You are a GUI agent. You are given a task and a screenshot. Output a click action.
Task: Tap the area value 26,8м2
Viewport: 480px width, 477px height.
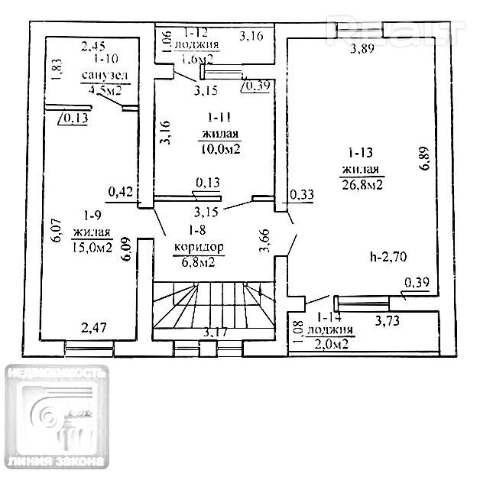pos(362,183)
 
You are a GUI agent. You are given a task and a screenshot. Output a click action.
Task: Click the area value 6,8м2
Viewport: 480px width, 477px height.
pos(198,263)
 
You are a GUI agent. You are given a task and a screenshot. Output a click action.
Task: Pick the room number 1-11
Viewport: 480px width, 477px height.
pos(221,118)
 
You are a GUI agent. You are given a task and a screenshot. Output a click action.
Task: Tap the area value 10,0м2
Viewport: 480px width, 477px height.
pos(221,149)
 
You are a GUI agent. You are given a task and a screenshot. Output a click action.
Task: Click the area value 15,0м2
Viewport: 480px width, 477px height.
pos(92,247)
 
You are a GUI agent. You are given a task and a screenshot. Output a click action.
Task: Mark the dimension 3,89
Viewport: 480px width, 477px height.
pos(363,50)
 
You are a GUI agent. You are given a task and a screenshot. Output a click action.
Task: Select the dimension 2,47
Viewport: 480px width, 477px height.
pos(94,329)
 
